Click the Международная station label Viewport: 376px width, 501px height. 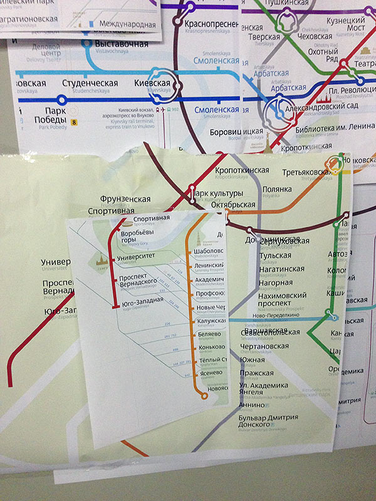point(126,24)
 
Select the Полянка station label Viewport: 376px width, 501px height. point(278,189)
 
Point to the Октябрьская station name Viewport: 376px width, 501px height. point(231,205)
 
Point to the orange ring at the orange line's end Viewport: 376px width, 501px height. point(203,395)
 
